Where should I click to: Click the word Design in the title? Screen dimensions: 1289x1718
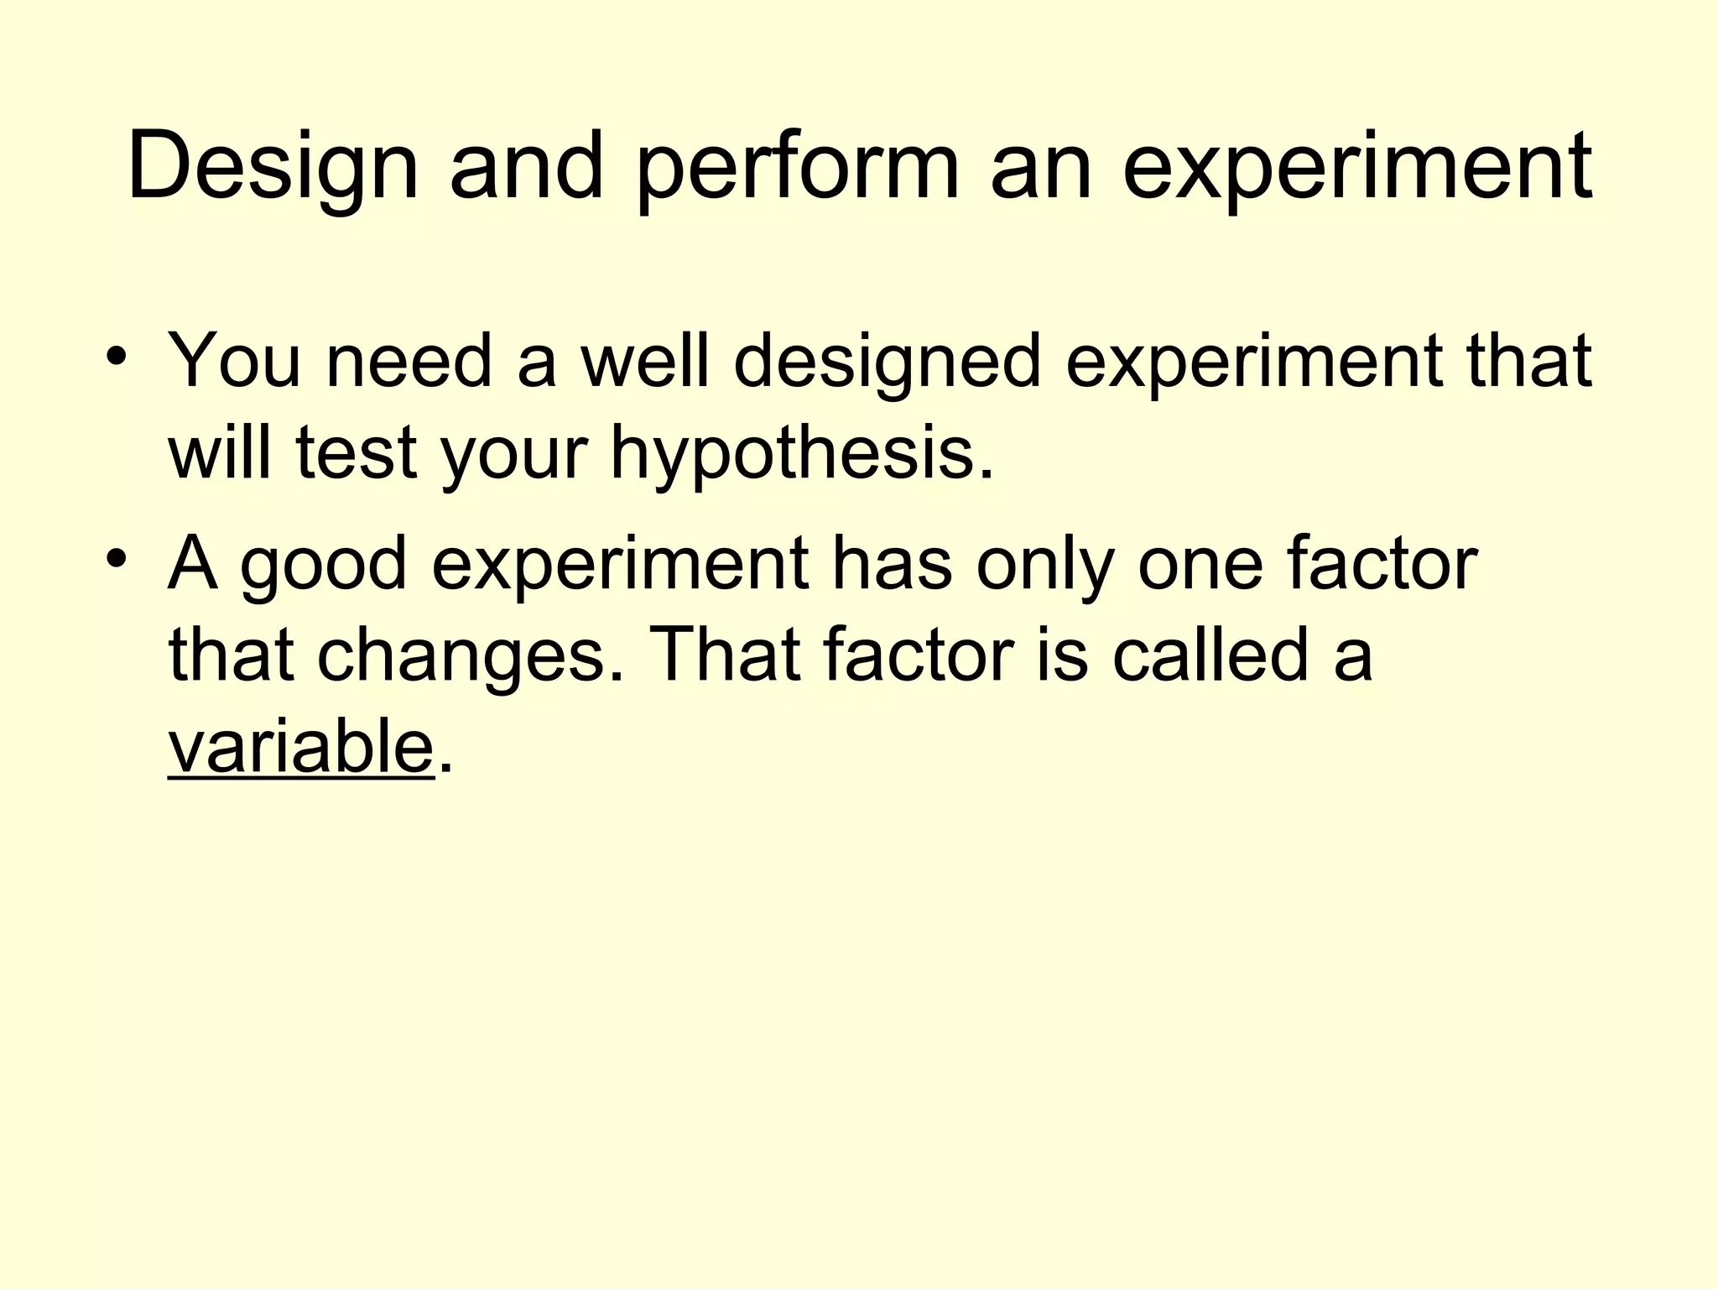pyautogui.click(x=273, y=168)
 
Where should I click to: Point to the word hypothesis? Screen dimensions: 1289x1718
pyautogui.click(x=801, y=455)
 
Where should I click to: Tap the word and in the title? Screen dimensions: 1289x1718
pyautogui.click(x=527, y=168)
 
